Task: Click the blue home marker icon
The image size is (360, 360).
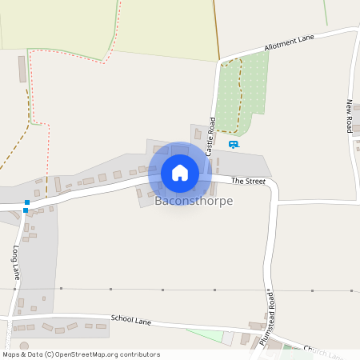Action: click(180, 173)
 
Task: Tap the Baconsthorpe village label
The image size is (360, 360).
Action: click(194, 201)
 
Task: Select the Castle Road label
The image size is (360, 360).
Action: click(211, 136)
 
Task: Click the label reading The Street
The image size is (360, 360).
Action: click(248, 182)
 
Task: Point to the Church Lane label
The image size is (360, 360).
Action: click(323, 353)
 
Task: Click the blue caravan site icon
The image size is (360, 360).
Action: click(234, 145)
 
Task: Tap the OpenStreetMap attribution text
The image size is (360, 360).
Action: click(81, 354)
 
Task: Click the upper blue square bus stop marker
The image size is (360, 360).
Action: click(27, 202)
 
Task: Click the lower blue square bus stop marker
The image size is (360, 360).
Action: click(26, 211)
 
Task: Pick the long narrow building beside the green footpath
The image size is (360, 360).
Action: click(22, 69)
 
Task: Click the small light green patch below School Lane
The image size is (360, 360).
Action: click(206, 335)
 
